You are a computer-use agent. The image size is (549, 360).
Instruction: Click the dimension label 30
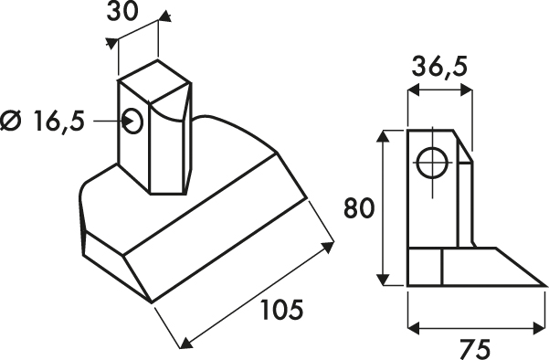[x=121, y=12]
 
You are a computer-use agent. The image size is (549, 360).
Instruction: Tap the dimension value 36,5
[x=439, y=67]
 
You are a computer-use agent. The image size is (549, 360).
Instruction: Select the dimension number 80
[x=358, y=207]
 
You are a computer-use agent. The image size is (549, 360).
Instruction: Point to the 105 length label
[x=282, y=310]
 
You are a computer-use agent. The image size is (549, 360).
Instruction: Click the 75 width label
[x=474, y=349]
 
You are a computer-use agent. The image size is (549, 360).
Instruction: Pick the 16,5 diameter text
[x=58, y=122]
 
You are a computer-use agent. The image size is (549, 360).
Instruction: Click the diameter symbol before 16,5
[x=10, y=122]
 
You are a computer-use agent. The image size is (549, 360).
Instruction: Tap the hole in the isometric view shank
[x=133, y=122]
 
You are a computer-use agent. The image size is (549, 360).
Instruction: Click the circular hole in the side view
[x=433, y=164]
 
